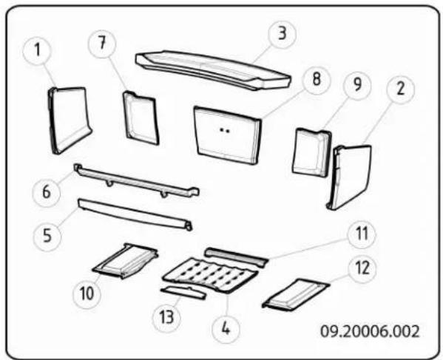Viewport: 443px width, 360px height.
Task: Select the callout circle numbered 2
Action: point(400,89)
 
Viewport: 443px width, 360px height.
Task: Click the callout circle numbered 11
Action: point(362,236)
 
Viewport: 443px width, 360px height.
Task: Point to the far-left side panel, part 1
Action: point(70,118)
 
